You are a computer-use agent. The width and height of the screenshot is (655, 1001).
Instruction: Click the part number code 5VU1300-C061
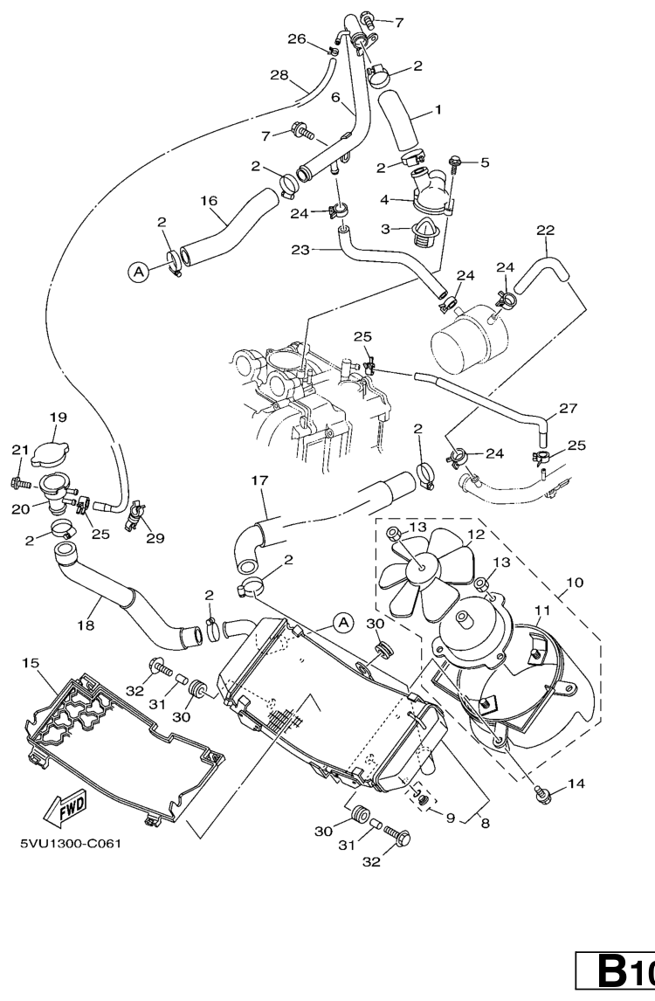[x=69, y=844]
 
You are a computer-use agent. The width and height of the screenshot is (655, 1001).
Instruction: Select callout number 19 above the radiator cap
[x=58, y=418]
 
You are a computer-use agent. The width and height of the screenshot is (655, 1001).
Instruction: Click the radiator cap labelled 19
[x=49, y=452]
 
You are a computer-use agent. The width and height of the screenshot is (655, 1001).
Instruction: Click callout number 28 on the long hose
[x=279, y=76]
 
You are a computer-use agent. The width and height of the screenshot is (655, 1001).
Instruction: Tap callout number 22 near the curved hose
[x=545, y=231]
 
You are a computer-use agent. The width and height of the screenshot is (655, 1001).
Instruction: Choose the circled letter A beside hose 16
[x=138, y=273]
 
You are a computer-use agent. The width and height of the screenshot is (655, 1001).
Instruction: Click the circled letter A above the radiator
[x=343, y=622]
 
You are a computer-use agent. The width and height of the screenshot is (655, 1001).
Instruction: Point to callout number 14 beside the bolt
[x=576, y=784]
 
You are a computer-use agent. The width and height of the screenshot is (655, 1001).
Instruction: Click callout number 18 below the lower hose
[x=86, y=625]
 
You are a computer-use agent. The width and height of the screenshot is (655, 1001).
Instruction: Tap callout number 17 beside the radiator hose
[x=259, y=480]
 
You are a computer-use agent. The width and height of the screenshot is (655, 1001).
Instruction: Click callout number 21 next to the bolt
[x=20, y=450]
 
